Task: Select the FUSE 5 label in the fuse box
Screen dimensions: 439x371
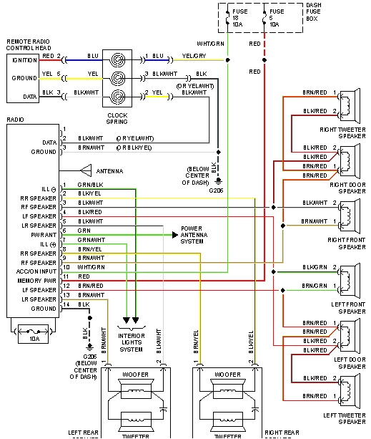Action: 277,17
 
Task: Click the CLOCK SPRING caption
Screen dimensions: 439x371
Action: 117,118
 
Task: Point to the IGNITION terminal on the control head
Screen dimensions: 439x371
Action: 25,59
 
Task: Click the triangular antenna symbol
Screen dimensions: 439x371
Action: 85,170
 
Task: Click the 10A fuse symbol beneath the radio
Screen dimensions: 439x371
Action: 32,330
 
